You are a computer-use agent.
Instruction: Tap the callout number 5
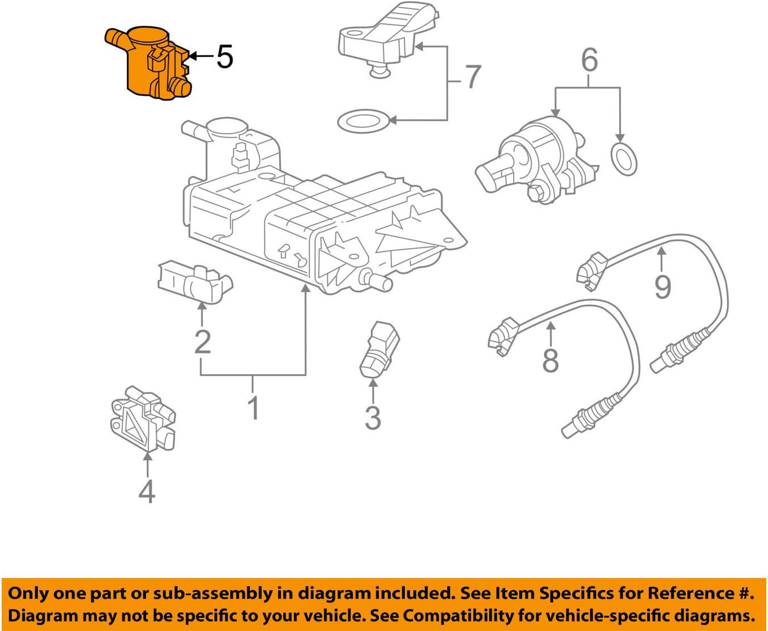pyautogui.click(x=224, y=57)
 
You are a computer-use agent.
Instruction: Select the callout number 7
pyautogui.click(x=473, y=77)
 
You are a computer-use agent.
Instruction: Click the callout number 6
pyautogui.click(x=589, y=60)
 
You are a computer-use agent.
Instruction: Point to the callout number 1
pyautogui.click(x=253, y=407)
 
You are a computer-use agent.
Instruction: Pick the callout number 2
pyautogui.click(x=202, y=341)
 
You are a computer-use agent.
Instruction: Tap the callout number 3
pyautogui.click(x=373, y=417)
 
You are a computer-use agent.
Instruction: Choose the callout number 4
pyautogui.click(x=147, y=491)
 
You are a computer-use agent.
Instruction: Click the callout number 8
pyautogui.click(x=550, y=360)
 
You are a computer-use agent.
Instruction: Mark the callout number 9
pyautogui.click(x=663, y=286)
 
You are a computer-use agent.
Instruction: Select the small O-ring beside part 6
pyautogui.click(x=624, y=159)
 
